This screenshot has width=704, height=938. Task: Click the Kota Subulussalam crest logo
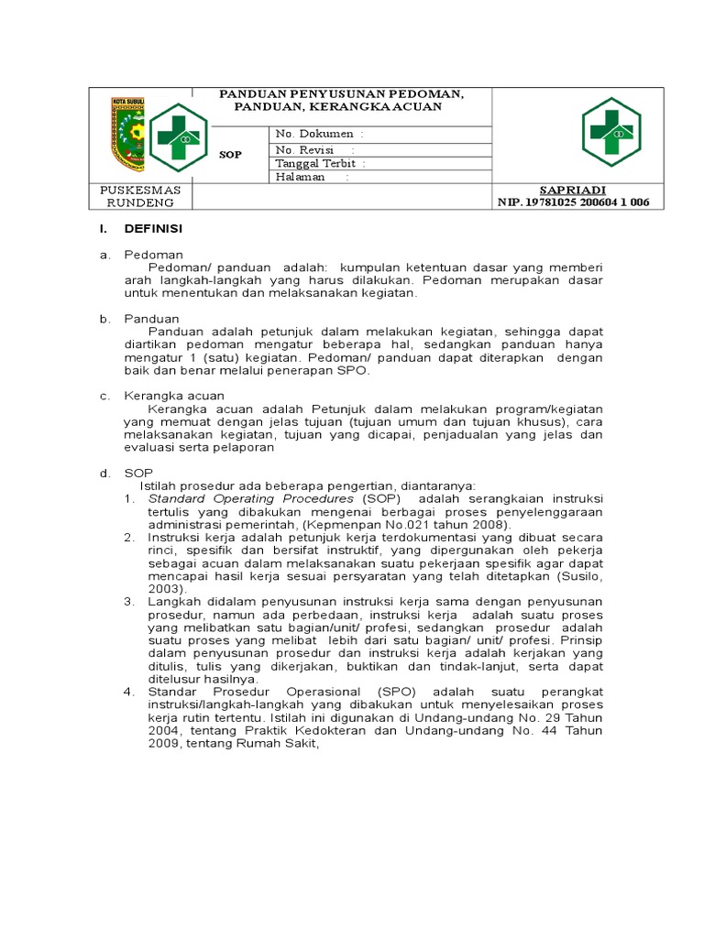128,134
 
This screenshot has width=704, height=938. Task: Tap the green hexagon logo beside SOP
178,137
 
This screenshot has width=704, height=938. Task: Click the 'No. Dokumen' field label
314,134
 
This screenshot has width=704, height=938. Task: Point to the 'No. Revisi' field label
304,149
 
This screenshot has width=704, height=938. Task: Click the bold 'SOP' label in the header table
231,155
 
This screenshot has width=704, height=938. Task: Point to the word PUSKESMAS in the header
140,190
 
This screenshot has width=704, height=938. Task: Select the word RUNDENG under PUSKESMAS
140,202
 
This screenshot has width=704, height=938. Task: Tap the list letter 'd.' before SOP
105,472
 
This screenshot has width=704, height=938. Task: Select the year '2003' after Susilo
166,588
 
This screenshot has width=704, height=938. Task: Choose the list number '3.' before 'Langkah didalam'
129,601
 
